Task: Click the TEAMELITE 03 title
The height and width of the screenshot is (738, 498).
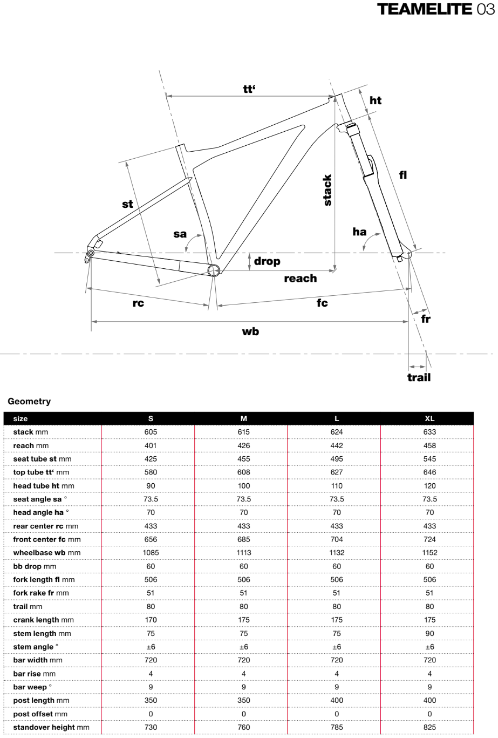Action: (x=435, y=10)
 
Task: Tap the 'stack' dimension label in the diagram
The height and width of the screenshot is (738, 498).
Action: (x=327, y=190)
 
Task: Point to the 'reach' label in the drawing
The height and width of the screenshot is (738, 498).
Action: (x=301, y=279)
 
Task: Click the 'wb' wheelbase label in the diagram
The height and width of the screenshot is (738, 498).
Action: (x=250, y=331)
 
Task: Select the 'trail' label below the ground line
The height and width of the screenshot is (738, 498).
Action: (x=419, y=377)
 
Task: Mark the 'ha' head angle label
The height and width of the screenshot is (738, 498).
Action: (x=359, y=232)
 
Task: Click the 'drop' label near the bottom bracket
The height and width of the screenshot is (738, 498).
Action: (x=267, y=261)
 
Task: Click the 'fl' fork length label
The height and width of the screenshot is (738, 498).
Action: (x=403, y=174)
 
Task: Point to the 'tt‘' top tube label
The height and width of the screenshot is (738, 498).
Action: (x=249, y=90)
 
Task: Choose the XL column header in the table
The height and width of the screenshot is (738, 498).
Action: (x=429, y=418)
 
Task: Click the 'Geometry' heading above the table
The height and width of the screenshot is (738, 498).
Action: (x=29, y=402)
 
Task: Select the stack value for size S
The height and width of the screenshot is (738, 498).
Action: (x=151, y=432)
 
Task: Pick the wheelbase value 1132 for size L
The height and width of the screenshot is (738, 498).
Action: (x=337, y=553)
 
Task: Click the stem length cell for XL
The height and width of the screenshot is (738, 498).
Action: (x=429, y=633)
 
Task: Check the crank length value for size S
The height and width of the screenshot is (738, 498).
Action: (x=151, y=620)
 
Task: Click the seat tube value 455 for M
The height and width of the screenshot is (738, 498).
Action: (x=244, y=459)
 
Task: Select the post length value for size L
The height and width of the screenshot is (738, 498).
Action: (x=337, y=700)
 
